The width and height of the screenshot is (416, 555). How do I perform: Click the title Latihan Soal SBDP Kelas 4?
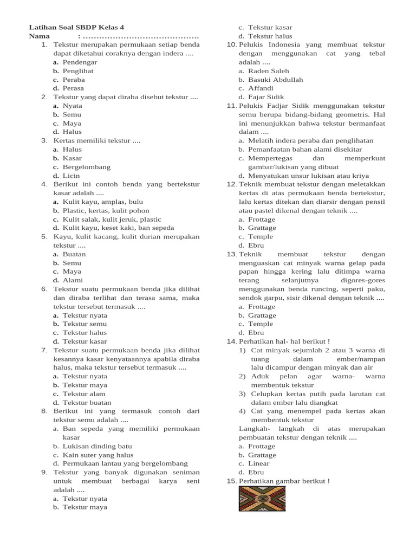click(x=79, y=27)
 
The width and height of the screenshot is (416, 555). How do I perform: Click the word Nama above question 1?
click(x=40, y=36)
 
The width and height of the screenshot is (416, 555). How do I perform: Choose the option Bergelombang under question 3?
click(x=87, y=167)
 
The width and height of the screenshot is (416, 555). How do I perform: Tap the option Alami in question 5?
click(x=73, y=280)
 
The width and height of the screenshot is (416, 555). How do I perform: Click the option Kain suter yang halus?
click(x=98, y=455)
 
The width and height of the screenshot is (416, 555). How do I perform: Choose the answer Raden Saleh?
click(x=268, y=71)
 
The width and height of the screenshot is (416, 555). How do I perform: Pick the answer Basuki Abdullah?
click(x=275, y=80)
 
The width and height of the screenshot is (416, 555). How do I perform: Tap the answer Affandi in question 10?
click(x=261, y=88)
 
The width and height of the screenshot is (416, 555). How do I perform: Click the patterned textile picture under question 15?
click(x=262, y=499)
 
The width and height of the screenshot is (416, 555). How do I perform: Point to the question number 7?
click(x=44, y=350)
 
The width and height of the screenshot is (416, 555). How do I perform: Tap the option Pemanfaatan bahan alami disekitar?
click(x=305, y=149)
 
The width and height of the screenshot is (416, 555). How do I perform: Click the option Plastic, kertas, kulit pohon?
click(x=106, y=210)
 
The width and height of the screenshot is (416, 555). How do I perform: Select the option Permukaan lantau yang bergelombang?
click(x=125, y=463)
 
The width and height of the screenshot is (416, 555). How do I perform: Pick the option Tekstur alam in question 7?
click(x=84, y=393)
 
